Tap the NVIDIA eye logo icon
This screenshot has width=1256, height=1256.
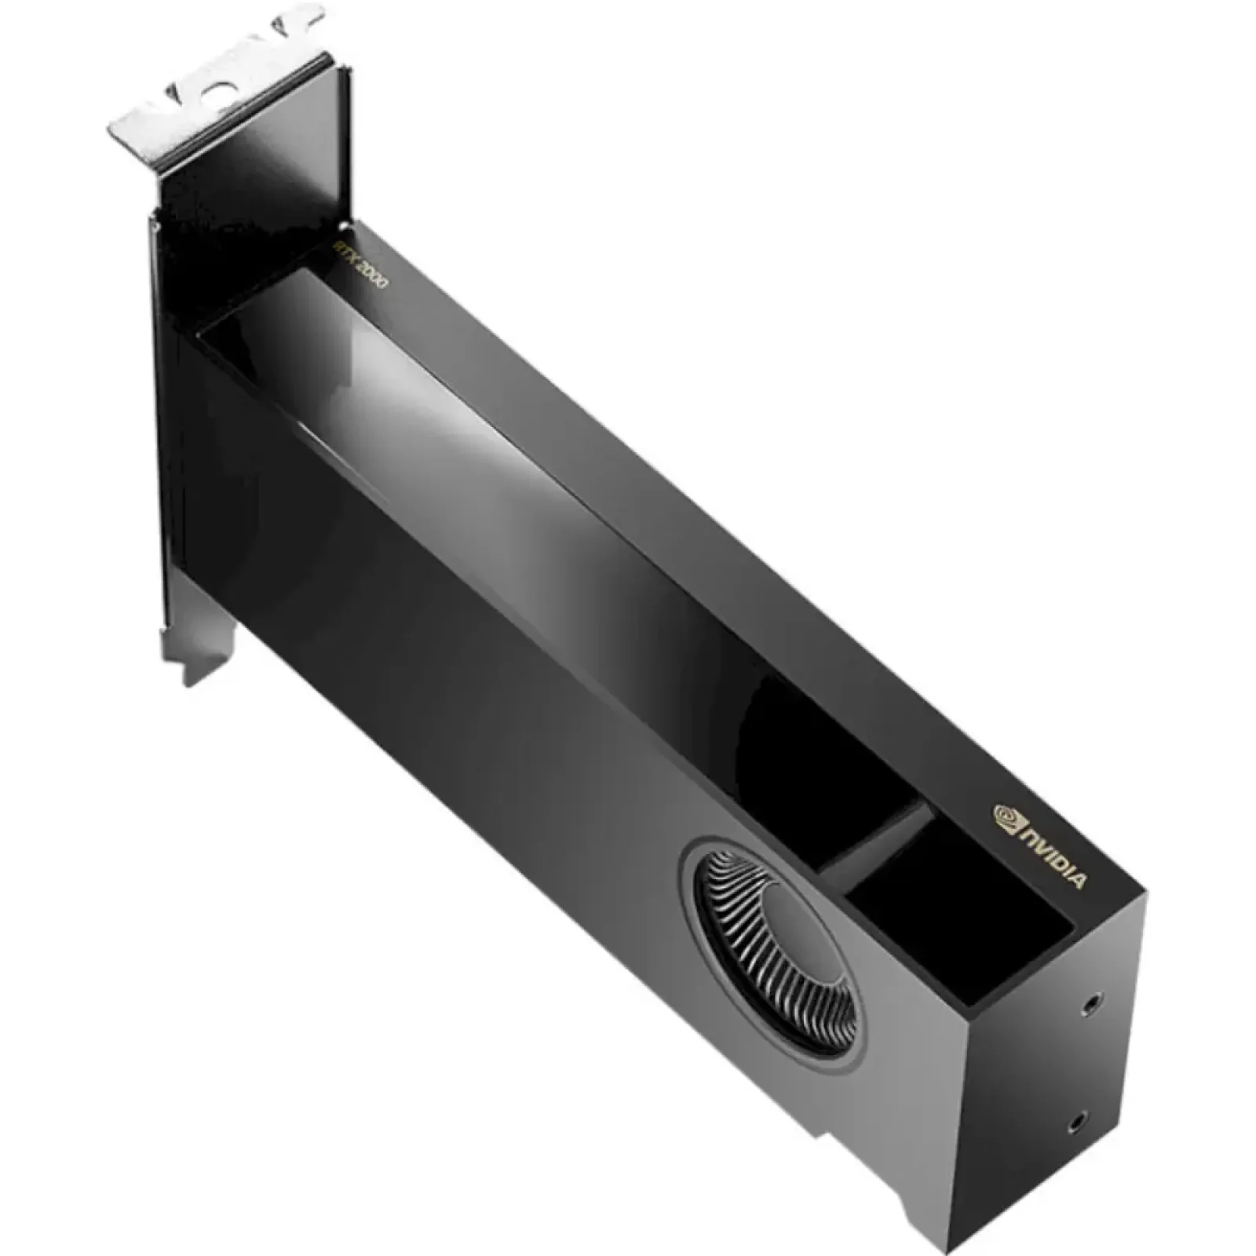[1007, 816]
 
